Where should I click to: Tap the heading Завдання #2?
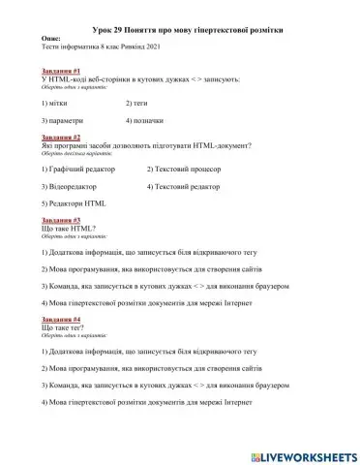coord(60,138)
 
